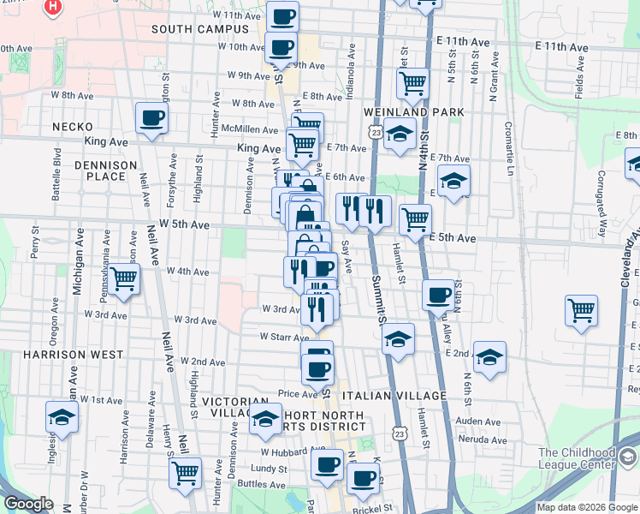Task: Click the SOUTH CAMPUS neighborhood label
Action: coord(199,29)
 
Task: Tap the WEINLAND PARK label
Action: coord(413,112)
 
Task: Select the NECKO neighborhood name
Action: coord(72,127)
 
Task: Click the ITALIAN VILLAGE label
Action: coord(394,396)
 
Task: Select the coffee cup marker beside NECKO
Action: coord(151,119)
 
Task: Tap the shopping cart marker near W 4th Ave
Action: coord(124,279)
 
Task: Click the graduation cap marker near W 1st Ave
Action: coord(62,417)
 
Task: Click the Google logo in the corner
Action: coord(28,505)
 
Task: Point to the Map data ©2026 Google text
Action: coord(586,507)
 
